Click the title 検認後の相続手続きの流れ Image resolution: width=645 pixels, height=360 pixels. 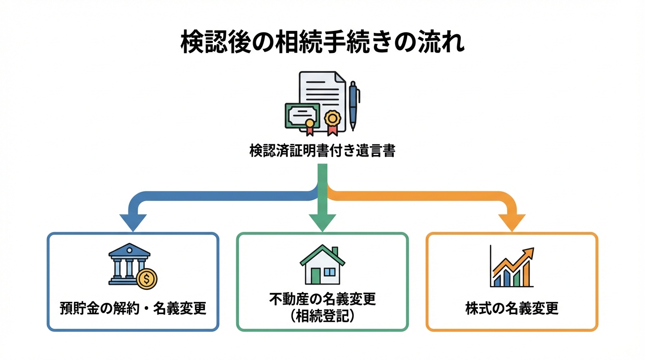[x=322, y=43]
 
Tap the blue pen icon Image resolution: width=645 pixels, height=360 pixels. [x=352, y=105]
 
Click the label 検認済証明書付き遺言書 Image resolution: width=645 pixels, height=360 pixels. [x=322, y=151]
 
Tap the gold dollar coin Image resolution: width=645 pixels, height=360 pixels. [x=147, y=279]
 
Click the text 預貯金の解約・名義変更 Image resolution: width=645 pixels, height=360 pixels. [x=133, y=309]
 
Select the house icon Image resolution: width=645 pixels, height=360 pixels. [x=322, y=264]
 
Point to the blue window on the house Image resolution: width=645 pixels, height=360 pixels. [x=330, y=272]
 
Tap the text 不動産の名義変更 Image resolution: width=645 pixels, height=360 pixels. [x=322, y=300]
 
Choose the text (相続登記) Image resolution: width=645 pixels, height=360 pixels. [x=322, y=316]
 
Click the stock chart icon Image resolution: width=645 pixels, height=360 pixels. [x=511, y=267]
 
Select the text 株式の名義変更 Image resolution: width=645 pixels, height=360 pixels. [x=512, y=309]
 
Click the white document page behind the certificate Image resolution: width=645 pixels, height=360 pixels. [x=323, y=89]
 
